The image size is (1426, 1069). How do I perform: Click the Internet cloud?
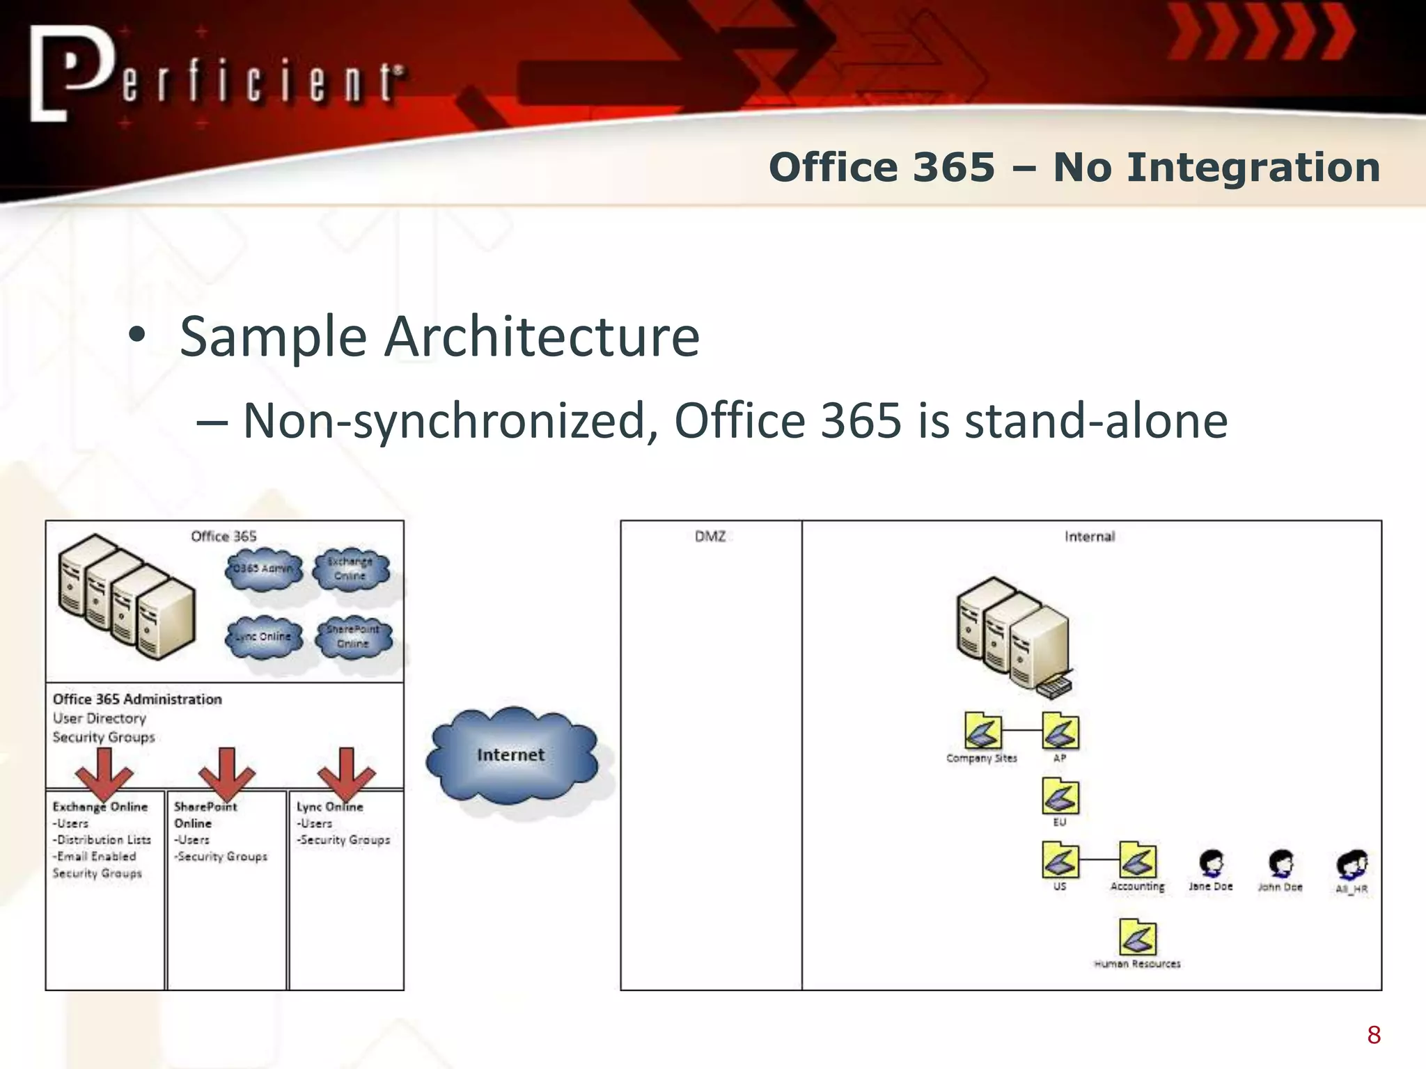[x=512, y=755]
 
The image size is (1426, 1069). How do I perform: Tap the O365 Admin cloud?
[x=263, y=569]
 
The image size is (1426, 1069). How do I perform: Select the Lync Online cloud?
[x=263, y=637]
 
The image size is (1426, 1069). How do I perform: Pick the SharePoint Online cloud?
[x=353, y=636]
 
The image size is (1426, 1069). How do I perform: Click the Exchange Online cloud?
[x=350, y=569]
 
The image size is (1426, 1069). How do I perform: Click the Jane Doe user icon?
[x=1212, y=864]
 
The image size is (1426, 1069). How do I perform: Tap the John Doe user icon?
[x=1280, y=864]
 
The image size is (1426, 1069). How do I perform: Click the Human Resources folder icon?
[x=1138, y=937]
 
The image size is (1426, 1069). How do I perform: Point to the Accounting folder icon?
[x=1138, y=861]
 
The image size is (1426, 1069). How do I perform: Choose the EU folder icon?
[x=1060, y=796]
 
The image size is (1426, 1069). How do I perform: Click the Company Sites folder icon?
[x=982, y=731]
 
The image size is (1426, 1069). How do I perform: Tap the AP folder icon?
[x=1060, y=731]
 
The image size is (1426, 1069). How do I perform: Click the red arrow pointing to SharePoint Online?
[x=227, y=773]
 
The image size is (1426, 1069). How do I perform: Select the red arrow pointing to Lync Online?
[x=346, y=773]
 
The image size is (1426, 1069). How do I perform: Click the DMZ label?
[x=710, y=537]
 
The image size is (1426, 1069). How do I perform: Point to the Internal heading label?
[x=1090, y=537]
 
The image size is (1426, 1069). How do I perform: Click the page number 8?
[x=1374, y=1035]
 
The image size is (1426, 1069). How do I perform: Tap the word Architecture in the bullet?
[x=542, y=337]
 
